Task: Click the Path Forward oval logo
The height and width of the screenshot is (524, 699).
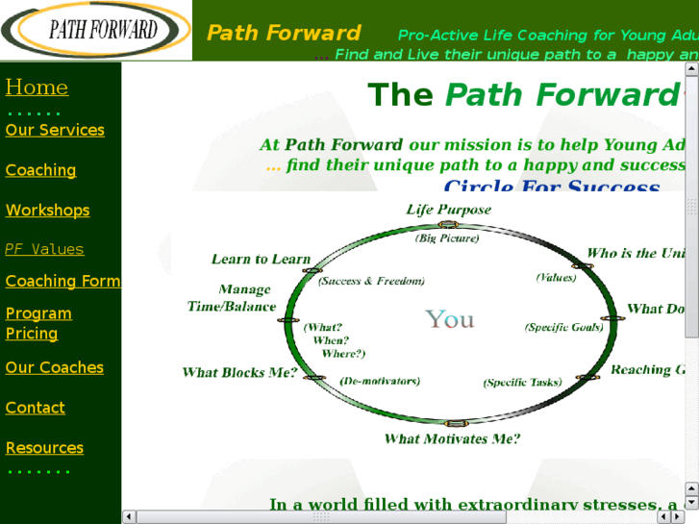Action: pyautogui.click(x=95, y=30)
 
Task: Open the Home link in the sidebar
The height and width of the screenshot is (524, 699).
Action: pyautogui.click(x=37, y=87)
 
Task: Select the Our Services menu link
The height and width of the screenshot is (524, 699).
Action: pyautogui.click(x=55, y=130)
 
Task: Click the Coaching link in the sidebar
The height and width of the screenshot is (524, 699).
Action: pyautogui.click(x=40, y=170)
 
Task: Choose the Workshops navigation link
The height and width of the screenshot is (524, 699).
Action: pyautogui.click(x=47, y=211)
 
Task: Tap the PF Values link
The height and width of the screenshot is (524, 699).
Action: pyautogui.click(x=44, y=249)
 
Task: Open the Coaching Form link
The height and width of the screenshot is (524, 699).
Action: pyautogui.click(x=62, y=281)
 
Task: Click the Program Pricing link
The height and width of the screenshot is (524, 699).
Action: pyautogui.click(x=38, y=323)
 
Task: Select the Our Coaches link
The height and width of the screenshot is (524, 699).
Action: pyautogui.click(x=54, y=367)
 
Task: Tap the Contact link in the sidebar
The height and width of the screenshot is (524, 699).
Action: pyautogui.click(x=35, y=408)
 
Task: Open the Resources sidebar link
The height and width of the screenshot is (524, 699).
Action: pyautogui.click(x=44, y=448)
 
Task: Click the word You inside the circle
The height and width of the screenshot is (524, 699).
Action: pyautogui.click(x=450, y=319)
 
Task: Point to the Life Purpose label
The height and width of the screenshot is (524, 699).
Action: pyautogui.click(x=448, y=210)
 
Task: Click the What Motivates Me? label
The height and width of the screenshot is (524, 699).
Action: pyautogui.click(x=452, y=439)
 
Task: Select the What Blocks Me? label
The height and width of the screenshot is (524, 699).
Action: pyautogui.click(x=239, y=373)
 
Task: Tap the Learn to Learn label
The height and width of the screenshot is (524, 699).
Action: pyautogui.click(x=261, y=260)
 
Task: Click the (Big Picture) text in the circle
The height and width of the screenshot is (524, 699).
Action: pyautogui.click(x=447, y=238)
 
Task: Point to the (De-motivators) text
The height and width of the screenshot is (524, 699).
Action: pyautogui.click(x=380, y=381)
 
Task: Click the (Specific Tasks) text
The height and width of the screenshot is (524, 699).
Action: pyautogui.click(x=522, y=383)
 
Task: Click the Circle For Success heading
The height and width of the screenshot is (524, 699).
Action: pyautogui.click(x=552, y=186)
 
